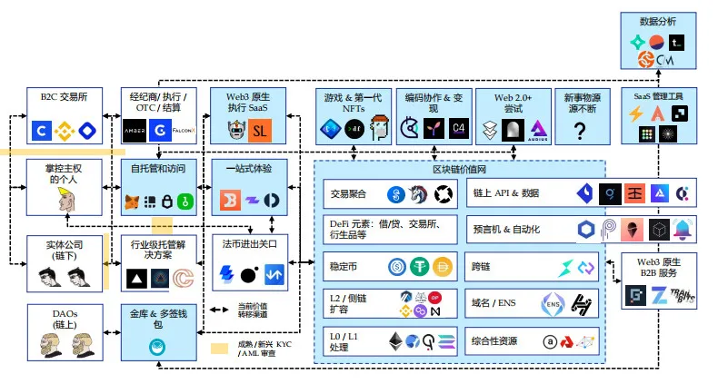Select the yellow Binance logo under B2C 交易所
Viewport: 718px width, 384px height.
point(64,130)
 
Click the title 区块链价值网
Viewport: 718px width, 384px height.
point(459,170)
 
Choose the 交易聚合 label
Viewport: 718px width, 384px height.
point(347,192)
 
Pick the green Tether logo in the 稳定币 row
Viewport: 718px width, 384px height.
point(420,267)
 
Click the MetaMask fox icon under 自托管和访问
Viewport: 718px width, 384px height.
point(133,200)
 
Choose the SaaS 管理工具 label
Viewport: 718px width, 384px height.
point(663,95)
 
